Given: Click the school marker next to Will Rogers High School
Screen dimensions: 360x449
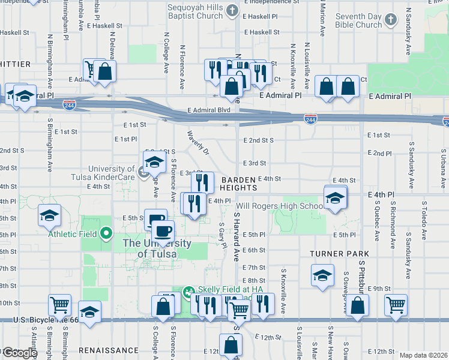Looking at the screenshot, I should (x=335, y=198).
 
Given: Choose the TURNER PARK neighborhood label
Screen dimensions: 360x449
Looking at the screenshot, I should (x=339, y=254).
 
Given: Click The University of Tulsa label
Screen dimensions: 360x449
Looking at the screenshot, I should (x=157, y=248).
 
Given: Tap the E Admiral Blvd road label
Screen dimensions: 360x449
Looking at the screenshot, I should (x=208, y=110).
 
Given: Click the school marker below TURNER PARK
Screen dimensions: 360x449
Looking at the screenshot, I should (x=322, y=277).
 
